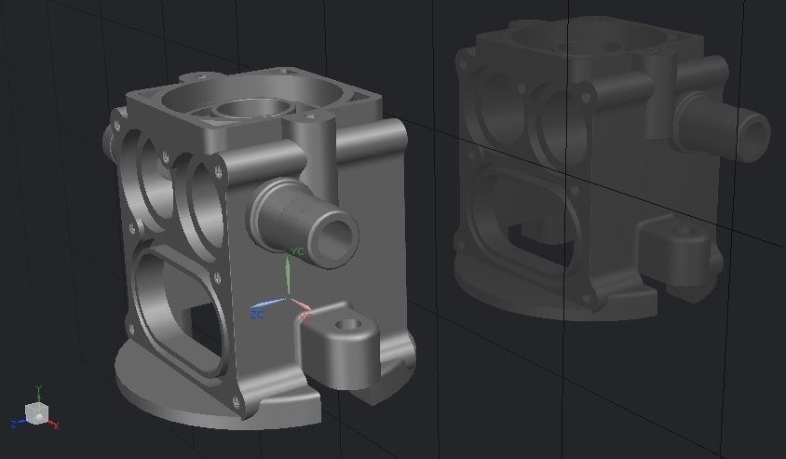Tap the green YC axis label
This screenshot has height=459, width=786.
tap(297, 252)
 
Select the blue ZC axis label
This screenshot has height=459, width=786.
tap(257, 315)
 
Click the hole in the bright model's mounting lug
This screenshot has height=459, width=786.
tap(350, 326)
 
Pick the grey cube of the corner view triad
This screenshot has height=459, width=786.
tap(36, 413)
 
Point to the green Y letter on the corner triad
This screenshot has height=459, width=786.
tap(38, 389)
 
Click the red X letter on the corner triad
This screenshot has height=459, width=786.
tap(56, 425)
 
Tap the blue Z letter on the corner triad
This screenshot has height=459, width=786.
tap(14, 425)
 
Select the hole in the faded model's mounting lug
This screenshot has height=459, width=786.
tap(683, 231)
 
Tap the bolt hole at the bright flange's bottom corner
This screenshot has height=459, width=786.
tap(236, 401)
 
